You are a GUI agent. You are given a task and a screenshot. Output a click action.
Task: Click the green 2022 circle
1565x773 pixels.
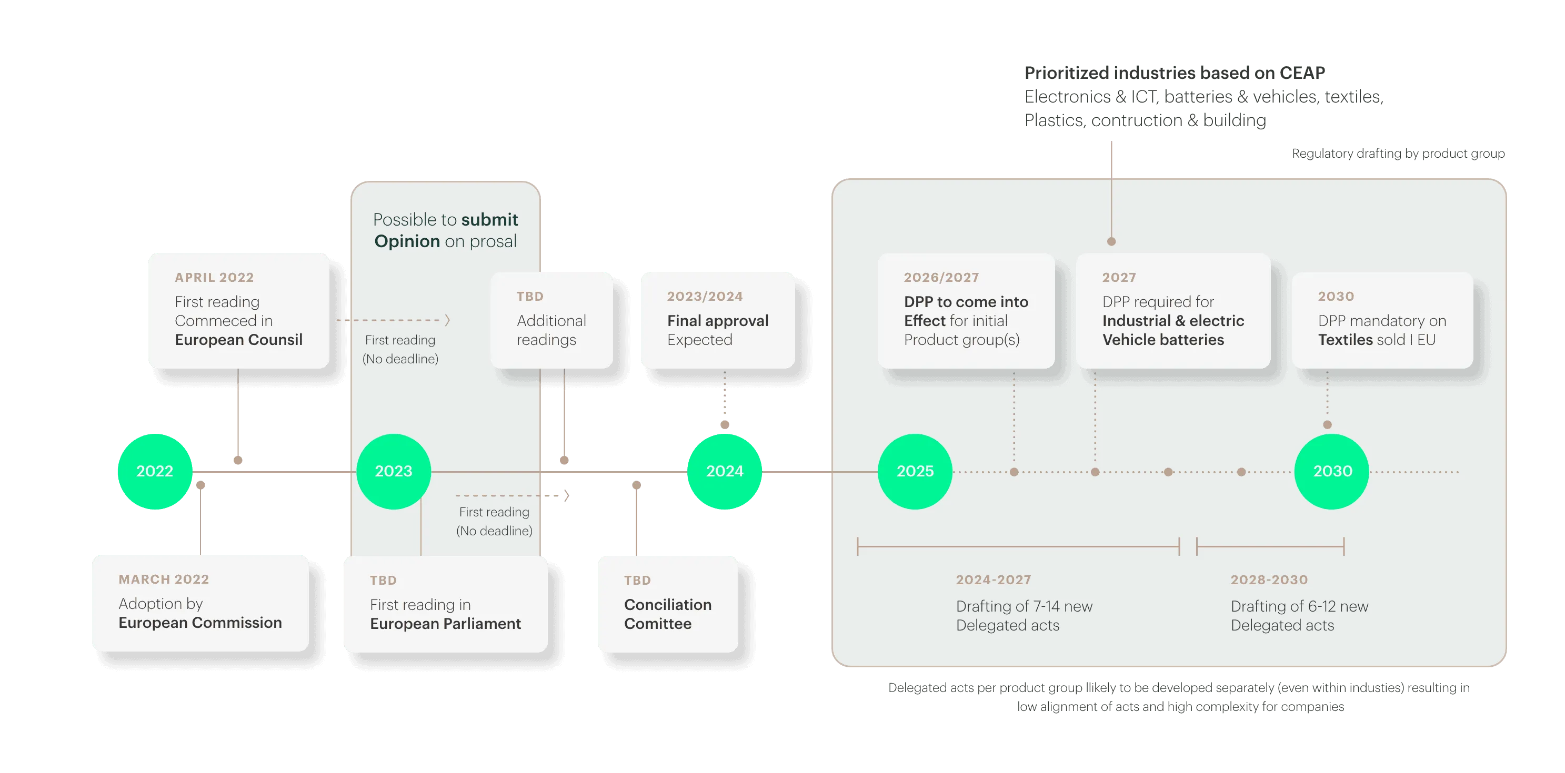tap(155, 471)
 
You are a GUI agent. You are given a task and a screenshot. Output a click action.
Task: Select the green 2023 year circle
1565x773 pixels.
tap(394, 471)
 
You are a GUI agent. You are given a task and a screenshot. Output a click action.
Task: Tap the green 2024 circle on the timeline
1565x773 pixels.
tap(724, 471)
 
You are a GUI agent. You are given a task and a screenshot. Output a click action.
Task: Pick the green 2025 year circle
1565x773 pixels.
tap(915, 471)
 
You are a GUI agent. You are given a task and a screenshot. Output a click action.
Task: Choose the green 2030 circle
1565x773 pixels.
tap(1332, 471)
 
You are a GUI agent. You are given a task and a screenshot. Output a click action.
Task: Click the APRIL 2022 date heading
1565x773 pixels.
tap(215, 278)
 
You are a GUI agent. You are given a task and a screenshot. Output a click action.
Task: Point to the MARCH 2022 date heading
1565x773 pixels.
tap(164, 579)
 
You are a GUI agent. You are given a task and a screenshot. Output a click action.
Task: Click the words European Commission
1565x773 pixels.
tap(200, 623)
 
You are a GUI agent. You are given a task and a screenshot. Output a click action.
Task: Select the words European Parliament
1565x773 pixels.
tap(445, 624)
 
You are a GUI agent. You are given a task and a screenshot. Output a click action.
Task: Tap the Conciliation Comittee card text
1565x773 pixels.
tap(668, 614)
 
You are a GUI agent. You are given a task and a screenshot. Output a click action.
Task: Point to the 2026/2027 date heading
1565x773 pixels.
tap(941, 278)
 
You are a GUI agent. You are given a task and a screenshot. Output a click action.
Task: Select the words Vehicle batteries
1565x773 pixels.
tap(1163, 340)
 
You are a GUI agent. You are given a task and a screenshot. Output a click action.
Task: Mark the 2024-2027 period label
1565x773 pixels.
tap(994, 580)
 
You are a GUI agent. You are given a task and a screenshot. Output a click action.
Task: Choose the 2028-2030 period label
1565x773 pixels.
tap(1269, 580)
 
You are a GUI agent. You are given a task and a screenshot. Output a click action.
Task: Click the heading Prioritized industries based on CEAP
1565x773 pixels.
tap(1175, 73)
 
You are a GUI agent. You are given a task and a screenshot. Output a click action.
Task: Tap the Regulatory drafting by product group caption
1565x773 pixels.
tap(1399, 154)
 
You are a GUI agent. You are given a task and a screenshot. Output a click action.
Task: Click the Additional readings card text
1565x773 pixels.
tap(551, 330)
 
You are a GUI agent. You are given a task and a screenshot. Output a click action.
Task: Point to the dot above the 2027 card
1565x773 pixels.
tap(1111, 242)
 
